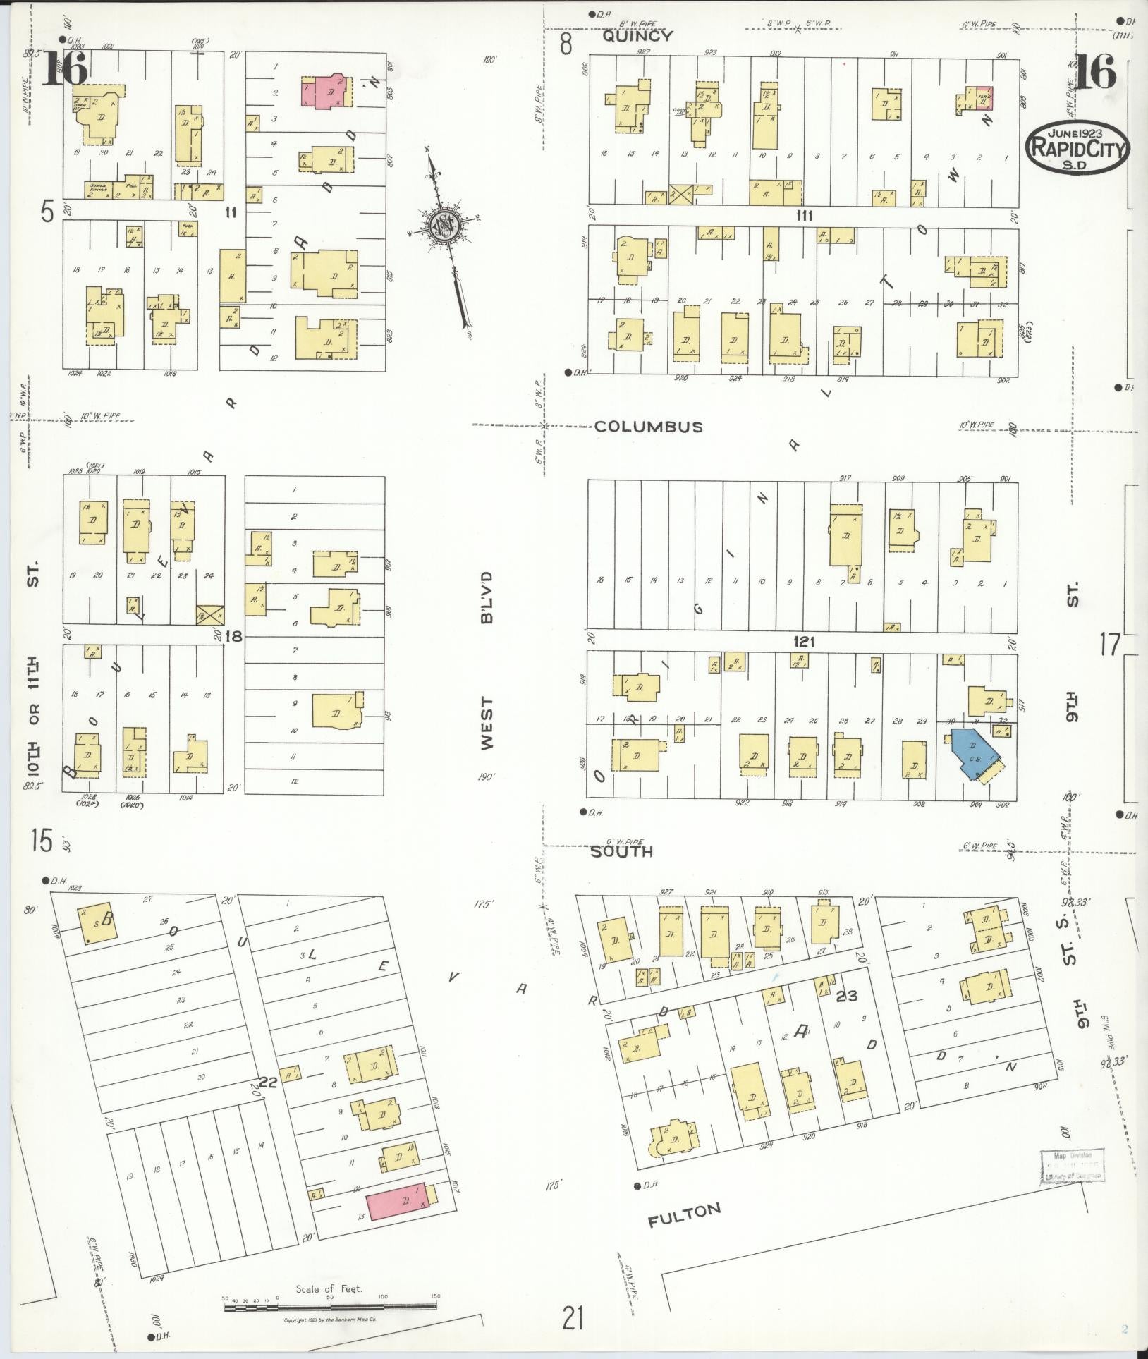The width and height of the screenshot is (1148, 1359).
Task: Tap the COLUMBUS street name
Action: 648,427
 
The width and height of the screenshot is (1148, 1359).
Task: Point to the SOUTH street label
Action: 621,852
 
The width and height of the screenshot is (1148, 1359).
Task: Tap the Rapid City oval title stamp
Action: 1077,149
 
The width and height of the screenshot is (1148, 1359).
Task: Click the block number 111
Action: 804,216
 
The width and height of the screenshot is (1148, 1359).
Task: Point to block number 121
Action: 804,642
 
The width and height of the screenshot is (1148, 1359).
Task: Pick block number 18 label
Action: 233,637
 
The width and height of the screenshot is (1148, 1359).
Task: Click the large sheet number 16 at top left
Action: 65,68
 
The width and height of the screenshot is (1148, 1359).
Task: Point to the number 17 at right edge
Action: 1110,644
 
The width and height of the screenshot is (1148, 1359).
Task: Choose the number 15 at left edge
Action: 42,841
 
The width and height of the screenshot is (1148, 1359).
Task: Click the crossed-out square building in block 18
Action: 209,614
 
